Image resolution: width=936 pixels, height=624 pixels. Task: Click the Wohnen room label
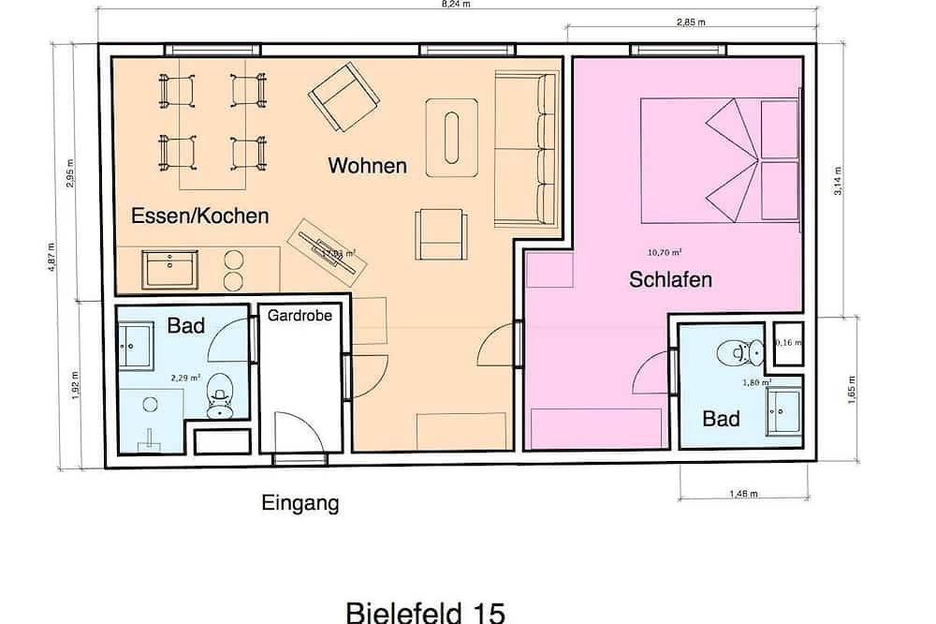point(367,166)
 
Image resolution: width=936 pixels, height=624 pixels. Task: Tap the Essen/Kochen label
point(200,215)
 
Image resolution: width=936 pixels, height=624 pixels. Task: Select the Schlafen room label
point(670,279)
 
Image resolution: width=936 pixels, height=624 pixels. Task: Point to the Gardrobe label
point(300,316)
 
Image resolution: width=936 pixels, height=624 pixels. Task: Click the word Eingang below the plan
point(300,504)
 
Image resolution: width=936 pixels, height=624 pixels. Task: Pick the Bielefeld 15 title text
point(426,613)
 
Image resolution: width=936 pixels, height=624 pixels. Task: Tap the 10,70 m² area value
point(665,252)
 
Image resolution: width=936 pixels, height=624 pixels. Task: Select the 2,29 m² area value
point(185,378)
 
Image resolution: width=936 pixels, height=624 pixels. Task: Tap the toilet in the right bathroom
point(733,352)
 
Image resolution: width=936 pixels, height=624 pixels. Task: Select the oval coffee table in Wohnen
point(453,137)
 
